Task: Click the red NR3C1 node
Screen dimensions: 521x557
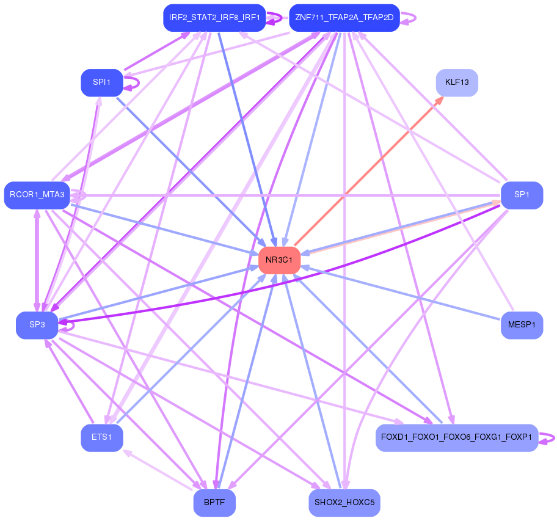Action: tap(280, 260)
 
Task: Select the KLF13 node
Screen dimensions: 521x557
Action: tap(457, 82)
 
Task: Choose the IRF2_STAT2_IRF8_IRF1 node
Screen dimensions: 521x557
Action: tap(214, 18)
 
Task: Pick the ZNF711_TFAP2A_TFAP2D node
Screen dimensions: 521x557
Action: tap(344, 18)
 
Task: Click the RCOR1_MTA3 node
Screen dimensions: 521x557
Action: tap(37, 195)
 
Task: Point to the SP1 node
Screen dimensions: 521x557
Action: tap(522, 195)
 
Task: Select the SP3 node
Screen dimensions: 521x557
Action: tap(37, 325)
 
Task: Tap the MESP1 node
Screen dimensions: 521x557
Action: tap(522, 325)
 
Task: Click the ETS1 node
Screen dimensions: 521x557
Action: tap(102, 438)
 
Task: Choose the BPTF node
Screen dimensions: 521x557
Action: tap(214, 503)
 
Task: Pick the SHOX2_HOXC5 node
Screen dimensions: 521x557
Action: tap(344, 503)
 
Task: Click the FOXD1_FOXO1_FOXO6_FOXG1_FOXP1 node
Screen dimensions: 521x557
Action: tap(457, 438)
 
